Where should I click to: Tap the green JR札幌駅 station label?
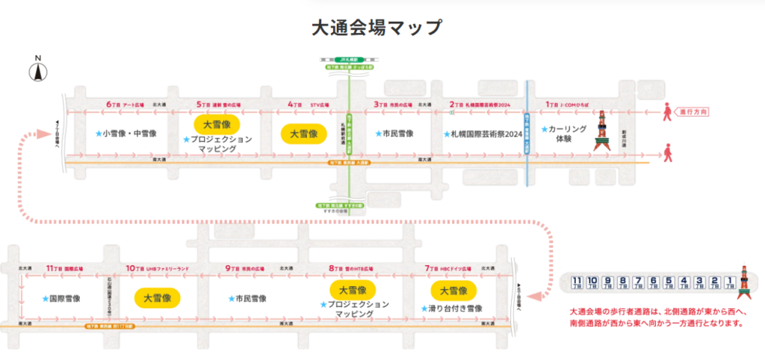(x=350, y=59)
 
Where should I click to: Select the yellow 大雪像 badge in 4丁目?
(x=303, y=134)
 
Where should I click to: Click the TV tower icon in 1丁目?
(x=601, y=133)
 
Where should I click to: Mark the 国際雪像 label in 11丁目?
(x=63, y=297)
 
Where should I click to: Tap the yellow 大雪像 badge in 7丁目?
(x=453, y=290)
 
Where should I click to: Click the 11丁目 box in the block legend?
(x=576, y=282)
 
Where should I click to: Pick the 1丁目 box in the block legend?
(x=730, y=282)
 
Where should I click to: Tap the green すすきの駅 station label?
(x=350, y=205)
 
